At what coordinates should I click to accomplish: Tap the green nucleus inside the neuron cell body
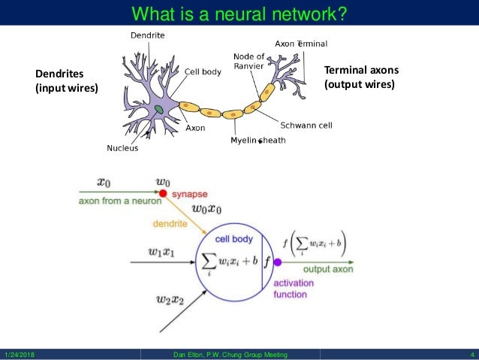(160, 110)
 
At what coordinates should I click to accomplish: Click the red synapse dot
(163, 193)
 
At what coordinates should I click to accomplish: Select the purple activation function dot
(278, 262)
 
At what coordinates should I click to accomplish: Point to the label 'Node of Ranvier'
(248, 61)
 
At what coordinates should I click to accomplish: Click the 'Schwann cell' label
(306, 125)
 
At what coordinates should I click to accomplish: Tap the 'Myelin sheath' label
(258, 141)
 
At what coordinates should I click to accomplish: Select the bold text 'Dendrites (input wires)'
(67, 80)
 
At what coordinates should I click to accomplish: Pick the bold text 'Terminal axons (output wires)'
(361, 77)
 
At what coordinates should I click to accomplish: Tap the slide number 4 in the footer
(471, 355)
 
